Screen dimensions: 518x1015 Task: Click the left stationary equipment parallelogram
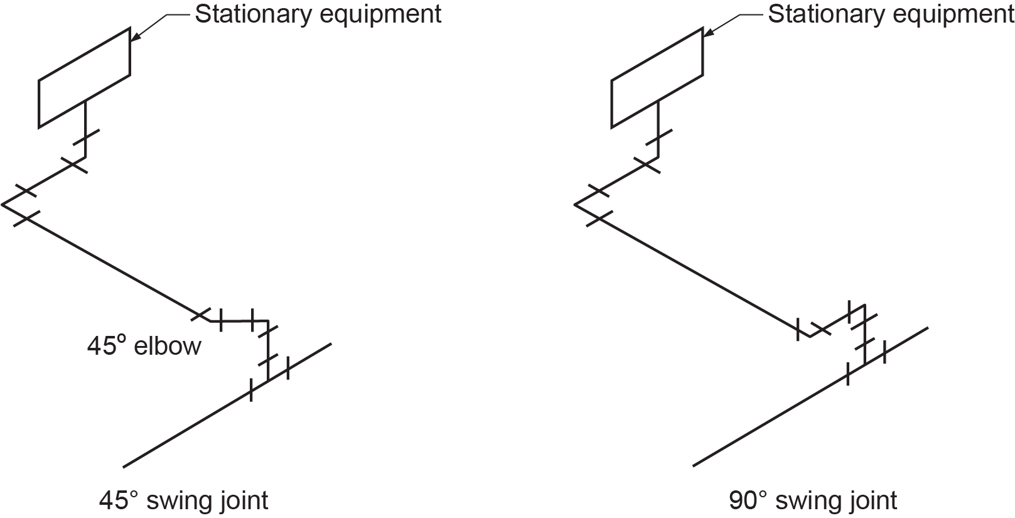pos(84,78)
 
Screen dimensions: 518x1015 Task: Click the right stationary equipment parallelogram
pos(657,78)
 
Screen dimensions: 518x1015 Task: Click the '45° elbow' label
pos(144,346)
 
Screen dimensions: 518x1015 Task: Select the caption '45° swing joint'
pos(183,500)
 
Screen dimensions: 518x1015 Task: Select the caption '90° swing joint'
pos(813,500)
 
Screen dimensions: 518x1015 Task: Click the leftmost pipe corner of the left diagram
pos(3,204)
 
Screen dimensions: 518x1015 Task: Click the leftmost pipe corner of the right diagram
pos(575,204)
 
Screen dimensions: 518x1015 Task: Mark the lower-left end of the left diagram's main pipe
pos(124,467)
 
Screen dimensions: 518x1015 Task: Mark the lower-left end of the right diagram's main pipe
pos(694,465)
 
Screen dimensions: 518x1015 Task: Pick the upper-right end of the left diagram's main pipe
pos(330,343)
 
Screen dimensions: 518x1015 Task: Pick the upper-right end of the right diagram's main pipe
pos(927,327)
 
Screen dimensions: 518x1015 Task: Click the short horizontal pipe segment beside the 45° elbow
pos(239,321)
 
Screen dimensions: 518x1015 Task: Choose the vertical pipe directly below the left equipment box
pos(85,129)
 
